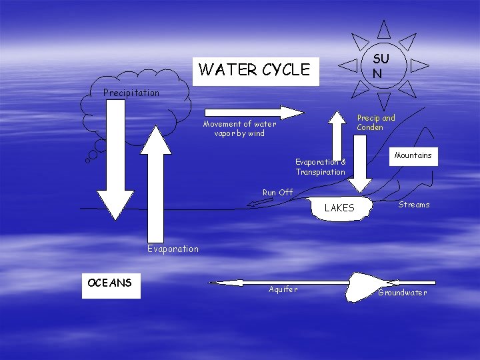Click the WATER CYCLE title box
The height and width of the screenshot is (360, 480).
point(255,69)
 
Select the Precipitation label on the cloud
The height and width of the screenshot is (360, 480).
point(131,93)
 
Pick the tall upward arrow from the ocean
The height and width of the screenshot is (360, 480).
point(157,187)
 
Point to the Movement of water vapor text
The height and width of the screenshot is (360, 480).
point(239,129)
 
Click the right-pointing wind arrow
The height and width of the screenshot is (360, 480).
point(253,111)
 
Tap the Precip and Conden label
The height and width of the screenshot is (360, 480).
point(375,123)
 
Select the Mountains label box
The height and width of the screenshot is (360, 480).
point(413,155)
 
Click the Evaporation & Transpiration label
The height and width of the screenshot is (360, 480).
point(321,167)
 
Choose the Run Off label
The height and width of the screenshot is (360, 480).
point(277,193)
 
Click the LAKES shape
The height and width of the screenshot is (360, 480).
point(340,209)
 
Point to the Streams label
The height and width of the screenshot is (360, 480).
point(414,205)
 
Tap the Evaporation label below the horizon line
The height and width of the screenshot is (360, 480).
point(173,249)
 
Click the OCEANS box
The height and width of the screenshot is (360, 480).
point(111,284)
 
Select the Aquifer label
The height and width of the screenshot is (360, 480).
point(283,289)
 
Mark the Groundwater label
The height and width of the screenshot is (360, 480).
point(402,293)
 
